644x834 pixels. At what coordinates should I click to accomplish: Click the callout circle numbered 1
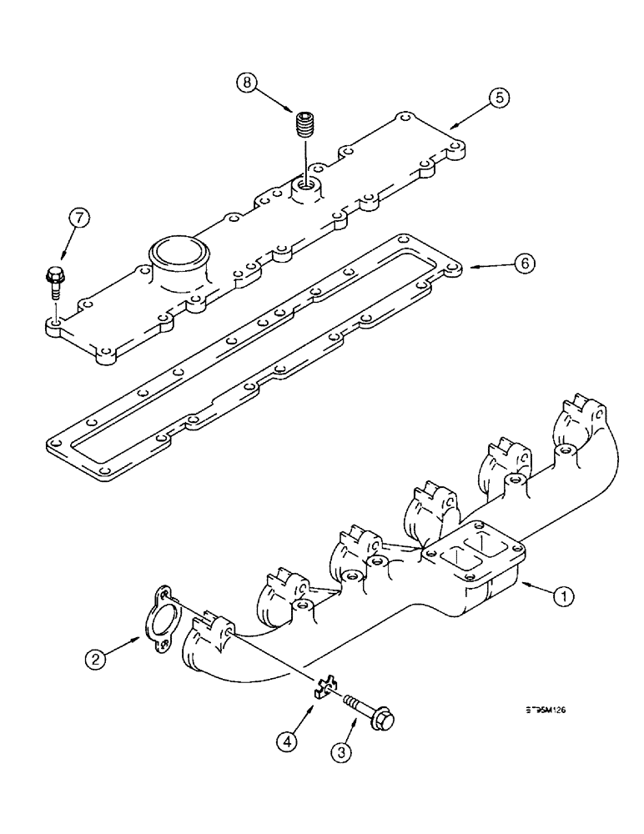click(x=564, y=595)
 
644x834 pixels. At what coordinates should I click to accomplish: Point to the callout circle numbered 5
click(x=497, y=98)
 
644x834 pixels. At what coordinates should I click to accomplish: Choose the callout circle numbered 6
click(x=523, y=264)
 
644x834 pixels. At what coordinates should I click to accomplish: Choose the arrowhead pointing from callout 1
click(x=521, y=587)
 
